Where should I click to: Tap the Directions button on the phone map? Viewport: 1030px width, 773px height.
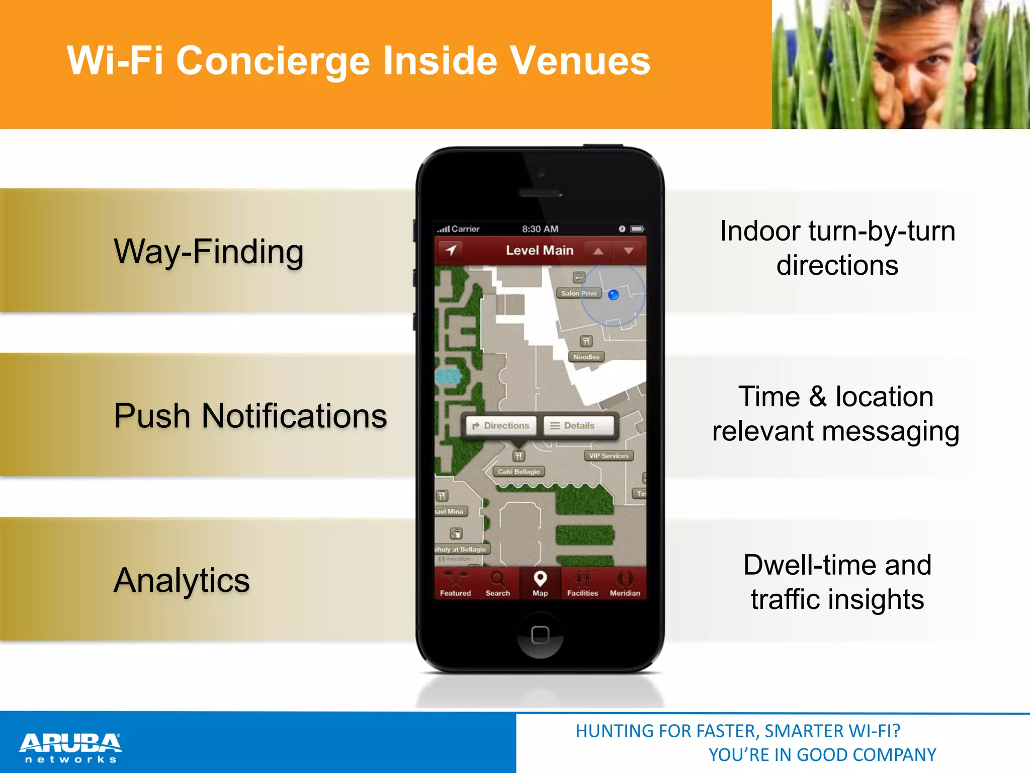[x=501, y=426]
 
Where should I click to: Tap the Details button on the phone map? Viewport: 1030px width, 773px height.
[x=578, y=426]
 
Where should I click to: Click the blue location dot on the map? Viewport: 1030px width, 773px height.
[x=614, y=295]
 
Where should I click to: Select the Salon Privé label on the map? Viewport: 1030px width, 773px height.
[x=578, y=293]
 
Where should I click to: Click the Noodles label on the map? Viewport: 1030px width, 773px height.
[x=586, y=357]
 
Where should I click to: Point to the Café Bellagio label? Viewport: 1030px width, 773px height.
[x=519, y=472]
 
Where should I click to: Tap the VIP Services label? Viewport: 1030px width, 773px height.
[x=609, y=456]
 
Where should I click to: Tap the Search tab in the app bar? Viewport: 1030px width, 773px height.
[x=497, y=584]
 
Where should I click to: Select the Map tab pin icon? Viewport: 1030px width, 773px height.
[x=540, y=579]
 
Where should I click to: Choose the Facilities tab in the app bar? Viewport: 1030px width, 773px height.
[x=582, y=584]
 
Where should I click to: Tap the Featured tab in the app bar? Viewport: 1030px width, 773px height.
[x=455, y=584]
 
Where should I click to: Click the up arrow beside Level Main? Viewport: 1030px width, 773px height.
[x=598, y=251]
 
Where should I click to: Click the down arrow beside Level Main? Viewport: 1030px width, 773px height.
[x=629, y=251]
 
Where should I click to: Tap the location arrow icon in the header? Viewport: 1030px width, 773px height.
[x=451, y=250]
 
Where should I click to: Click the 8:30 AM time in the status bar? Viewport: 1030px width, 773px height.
[x=540, y=229]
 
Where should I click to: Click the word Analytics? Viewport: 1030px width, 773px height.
[x=182, y=580]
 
